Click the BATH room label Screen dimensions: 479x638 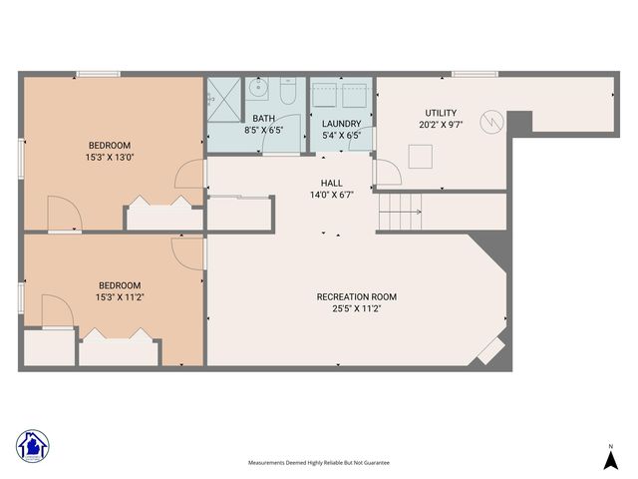pos(264,118)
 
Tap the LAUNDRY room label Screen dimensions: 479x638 pos(342,123)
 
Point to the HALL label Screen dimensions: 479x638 pos(331,184)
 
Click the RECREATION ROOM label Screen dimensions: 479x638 pos(357,296)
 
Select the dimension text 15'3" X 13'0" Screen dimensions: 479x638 pos(111,157)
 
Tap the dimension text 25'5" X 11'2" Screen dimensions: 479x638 pos(357,309)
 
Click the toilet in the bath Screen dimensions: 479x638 pos(287,93)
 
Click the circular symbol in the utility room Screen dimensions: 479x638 pos(492,122)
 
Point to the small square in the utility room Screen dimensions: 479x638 pos(421,156)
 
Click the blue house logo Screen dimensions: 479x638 pos(33,445)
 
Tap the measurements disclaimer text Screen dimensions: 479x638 pos(319,463)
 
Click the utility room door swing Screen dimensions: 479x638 pos(387,174)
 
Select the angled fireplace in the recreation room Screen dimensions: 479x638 pos(490,349)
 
